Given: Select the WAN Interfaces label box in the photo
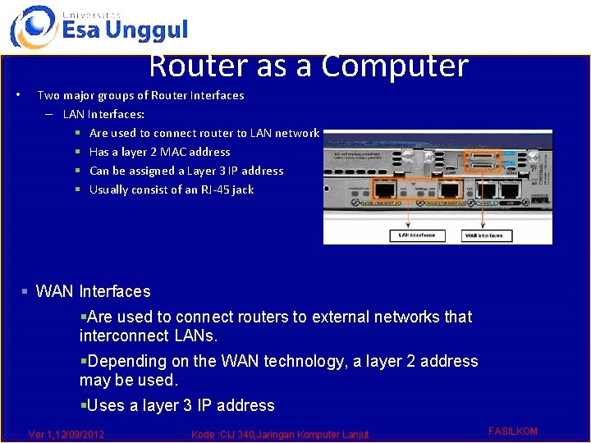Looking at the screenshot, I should coord(488,235).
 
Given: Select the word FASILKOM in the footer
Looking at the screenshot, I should coord(512,432).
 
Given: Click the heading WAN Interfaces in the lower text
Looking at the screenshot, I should coord(93,291).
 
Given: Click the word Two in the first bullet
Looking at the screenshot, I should coord(48,95).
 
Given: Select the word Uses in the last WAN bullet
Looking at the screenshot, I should coord(106,405).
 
